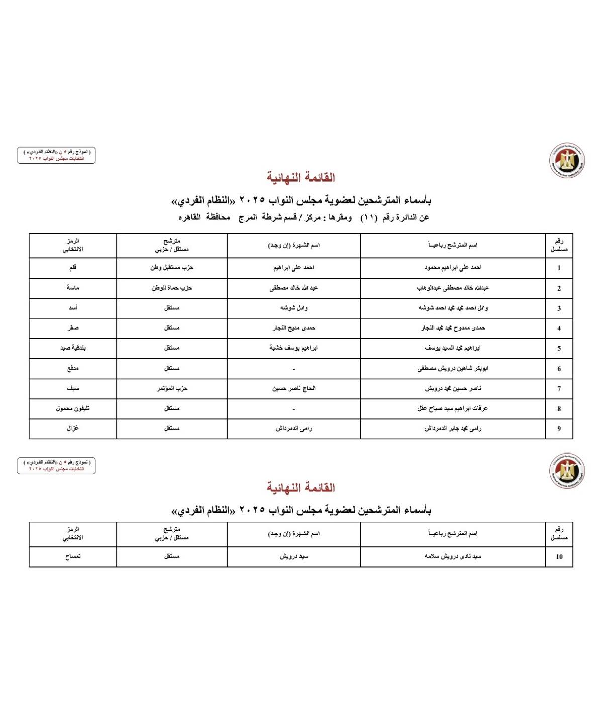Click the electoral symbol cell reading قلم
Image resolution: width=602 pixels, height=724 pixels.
point(73,268)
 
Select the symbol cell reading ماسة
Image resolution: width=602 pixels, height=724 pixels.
point(73,288)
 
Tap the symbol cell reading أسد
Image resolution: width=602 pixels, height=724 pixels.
point(73,308)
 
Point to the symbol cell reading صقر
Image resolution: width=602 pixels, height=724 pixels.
point(73,328)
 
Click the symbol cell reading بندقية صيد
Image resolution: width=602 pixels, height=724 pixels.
point(73,348)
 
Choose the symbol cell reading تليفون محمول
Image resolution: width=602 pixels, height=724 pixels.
point(73,408)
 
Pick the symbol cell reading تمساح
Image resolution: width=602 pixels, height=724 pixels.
point(73,557)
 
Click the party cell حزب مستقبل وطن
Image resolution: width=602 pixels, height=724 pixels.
point(172,268)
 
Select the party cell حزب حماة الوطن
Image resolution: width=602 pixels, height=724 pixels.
point(172,288)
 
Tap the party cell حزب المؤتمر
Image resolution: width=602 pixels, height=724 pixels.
point(172,388)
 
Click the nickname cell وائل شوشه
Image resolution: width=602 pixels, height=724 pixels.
point(294,308)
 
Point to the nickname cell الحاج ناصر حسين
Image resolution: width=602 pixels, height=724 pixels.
point(294,388)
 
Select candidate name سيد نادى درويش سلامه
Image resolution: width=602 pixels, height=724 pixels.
point(453,557)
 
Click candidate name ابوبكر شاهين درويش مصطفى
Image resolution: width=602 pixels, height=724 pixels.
point(453,368)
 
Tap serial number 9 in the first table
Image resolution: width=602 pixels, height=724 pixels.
point(559,429)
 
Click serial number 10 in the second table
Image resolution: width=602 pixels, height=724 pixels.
point(559,557)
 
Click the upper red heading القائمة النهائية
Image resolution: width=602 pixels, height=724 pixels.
point(300,177)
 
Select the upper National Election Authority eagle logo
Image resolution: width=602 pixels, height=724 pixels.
point(567,160)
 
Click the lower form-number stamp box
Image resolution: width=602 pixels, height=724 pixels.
point(56,465)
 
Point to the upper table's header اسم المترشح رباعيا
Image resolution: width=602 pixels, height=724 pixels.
point(453,245)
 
